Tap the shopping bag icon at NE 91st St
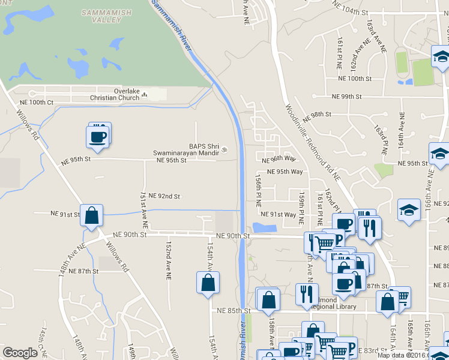91,215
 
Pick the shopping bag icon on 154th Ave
207,283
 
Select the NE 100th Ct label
35,103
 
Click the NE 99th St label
347,96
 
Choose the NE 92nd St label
164,196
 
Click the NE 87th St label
83,271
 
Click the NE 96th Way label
279,158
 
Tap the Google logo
19,353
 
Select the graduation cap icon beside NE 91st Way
408,210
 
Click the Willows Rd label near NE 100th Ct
28,124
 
